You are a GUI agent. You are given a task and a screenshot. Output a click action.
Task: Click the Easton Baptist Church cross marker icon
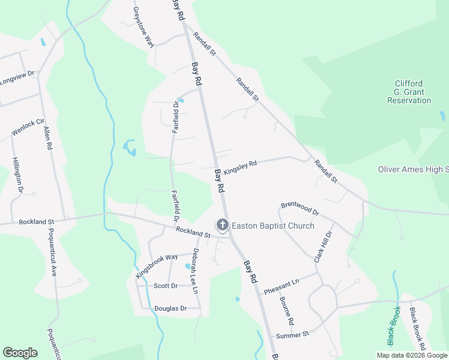point(223,226)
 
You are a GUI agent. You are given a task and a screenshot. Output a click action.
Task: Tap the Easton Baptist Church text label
point(273,226)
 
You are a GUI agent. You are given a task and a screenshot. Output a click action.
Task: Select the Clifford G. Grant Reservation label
point(409,92)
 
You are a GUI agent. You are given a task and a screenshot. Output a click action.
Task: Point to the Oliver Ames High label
point(414,170)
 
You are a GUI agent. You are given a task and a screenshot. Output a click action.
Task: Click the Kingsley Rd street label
point(240,167)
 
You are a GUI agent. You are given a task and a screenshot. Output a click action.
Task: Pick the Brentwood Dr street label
point(300,209)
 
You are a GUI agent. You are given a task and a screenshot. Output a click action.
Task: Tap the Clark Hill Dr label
point(323,247)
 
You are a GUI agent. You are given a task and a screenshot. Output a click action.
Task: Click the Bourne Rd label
point(287,311)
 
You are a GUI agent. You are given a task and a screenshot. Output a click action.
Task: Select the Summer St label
point(292,334)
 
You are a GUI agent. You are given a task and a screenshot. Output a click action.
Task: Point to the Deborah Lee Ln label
point(195,271)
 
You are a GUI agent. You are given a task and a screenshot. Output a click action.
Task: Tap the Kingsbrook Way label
point(157,265)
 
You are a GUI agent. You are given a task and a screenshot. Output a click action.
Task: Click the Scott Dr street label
point(166,286)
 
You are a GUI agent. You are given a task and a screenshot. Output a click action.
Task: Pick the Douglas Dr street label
point(170,308)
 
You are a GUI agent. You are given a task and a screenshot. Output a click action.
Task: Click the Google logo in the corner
point(20,353)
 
